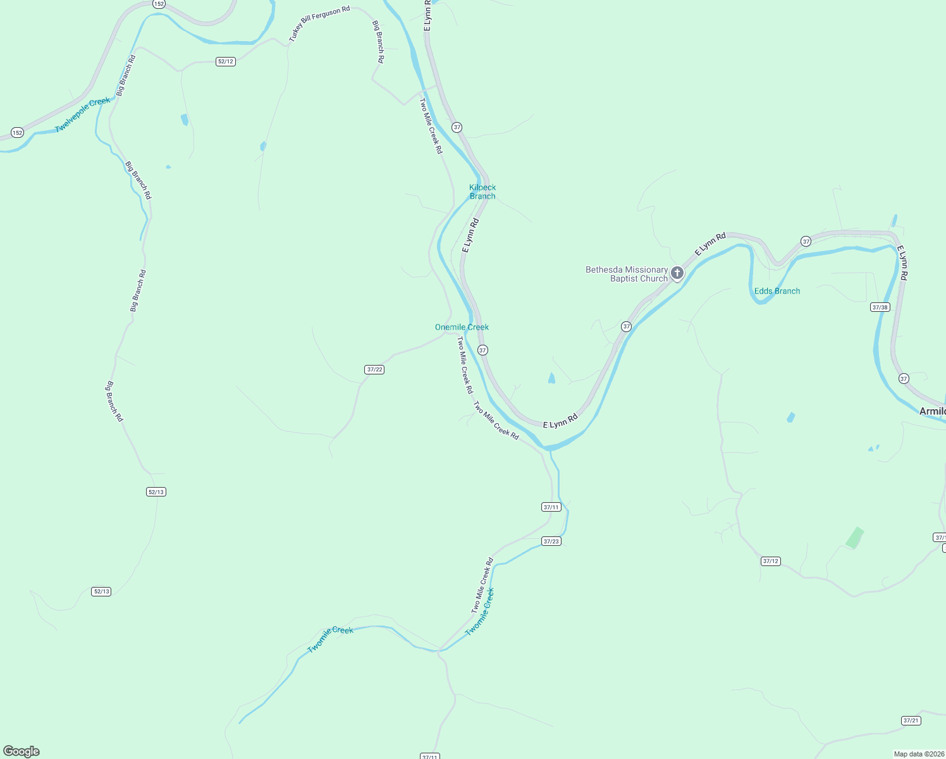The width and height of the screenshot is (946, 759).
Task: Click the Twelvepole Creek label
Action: click(83, 115)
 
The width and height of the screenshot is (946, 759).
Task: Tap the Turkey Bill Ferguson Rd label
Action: click(319, 25)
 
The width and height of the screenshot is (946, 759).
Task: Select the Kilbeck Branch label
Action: click(482, 192)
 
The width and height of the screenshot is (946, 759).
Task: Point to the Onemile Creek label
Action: click(462, 327)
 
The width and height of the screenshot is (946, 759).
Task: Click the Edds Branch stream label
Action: click(777, 291)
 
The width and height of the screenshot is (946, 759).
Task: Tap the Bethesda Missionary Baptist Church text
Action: click(627, 274)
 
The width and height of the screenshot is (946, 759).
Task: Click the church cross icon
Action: click(677, 273)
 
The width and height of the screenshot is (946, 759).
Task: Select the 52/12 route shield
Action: click(226, 61)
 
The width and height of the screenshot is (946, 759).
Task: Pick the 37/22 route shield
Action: click(374, 369)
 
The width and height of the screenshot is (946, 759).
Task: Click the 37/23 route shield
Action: click(551, 541)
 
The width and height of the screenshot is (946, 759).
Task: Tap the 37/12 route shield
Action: click(771, 561)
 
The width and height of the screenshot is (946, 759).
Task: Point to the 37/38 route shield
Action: click(880, 307)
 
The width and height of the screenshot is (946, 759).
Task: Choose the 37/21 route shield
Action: click(911, 720)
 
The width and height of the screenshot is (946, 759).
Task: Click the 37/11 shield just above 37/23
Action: click(551, 507)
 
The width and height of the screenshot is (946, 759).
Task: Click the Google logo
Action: click(21, 751)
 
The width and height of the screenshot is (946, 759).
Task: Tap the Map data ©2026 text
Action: click(919, 754)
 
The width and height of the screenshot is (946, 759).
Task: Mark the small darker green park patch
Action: click(854, 538)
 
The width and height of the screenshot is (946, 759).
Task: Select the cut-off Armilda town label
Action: click(932, 412)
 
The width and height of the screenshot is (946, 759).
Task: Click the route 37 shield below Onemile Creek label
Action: click(482, 350)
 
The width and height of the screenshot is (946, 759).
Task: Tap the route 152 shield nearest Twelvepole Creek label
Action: click(17, 133)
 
